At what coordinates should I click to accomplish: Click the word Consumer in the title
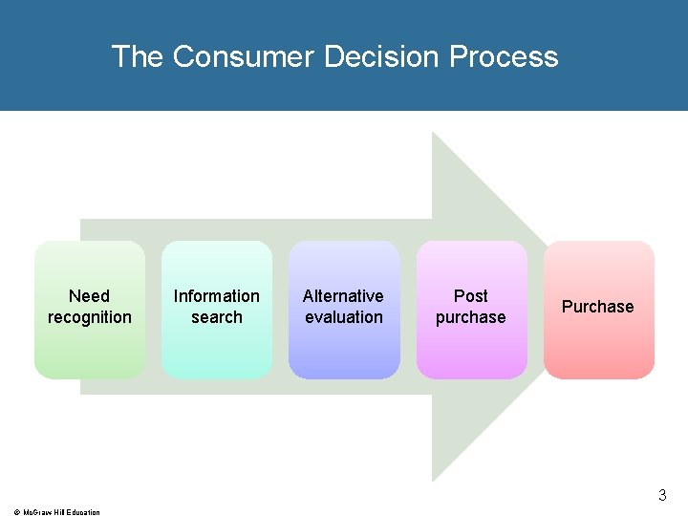[x=244, y=56]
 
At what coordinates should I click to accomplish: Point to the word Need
[x=90, y=296]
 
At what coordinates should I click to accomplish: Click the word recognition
[x=90, y=317]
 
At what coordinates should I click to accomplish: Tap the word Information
[x=217, y=296]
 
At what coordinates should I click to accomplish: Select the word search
[x=217, y=317]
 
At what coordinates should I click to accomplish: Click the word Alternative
[x=343, y=296]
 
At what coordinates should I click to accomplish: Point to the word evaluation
[x=344, y=317]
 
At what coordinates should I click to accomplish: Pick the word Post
[x=471, y=296]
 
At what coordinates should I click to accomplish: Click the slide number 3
[x=662, y=496]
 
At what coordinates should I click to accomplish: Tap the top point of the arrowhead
[x=434, y=134]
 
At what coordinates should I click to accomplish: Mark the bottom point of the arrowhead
[x=434, y=479]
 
